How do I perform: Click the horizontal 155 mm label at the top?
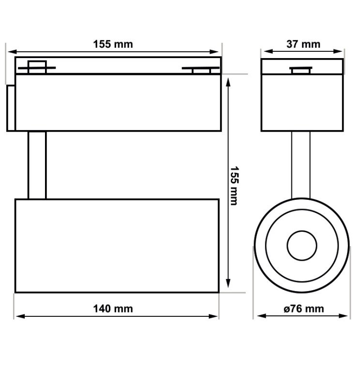[113, 44]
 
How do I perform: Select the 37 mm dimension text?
[303, 44]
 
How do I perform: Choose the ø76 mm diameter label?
[304, 309]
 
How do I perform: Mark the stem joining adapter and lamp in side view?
[37, 164]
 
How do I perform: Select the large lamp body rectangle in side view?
[117, 245]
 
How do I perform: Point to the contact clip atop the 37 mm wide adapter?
[301, 70]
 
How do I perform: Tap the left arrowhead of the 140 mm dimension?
[18, 316]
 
